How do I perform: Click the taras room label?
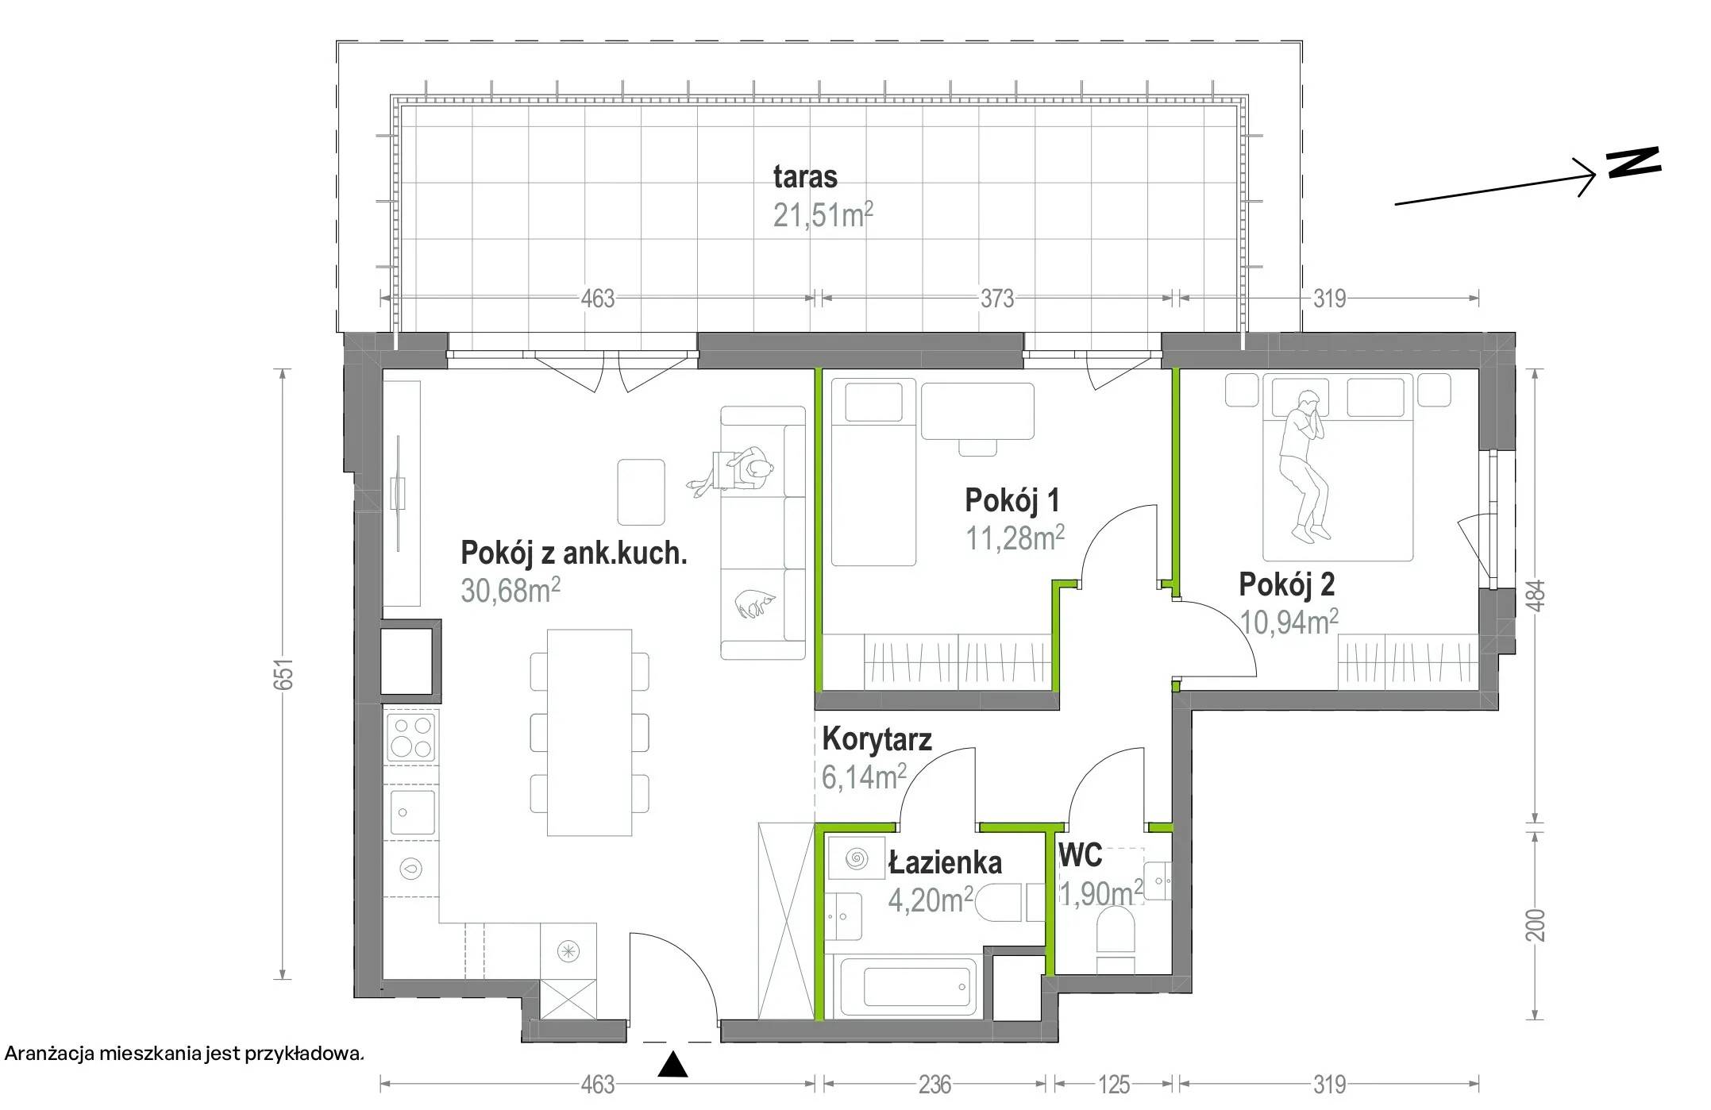coord(805,176)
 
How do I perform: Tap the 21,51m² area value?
coord(823,214)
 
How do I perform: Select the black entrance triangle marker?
coord(673,1064)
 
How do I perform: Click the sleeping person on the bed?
coord(1303,466)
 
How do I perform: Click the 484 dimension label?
coord(1537,595)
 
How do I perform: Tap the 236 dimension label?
coord(934,1085)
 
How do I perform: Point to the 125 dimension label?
coord(1114,1085)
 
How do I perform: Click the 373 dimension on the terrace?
coord(997,299)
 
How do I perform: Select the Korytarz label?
coord(877,739)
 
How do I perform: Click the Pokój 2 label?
coord(1287,584)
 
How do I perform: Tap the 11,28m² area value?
coord(1015,538)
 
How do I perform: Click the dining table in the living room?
coord(590,732)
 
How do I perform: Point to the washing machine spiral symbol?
coord(856,858)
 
